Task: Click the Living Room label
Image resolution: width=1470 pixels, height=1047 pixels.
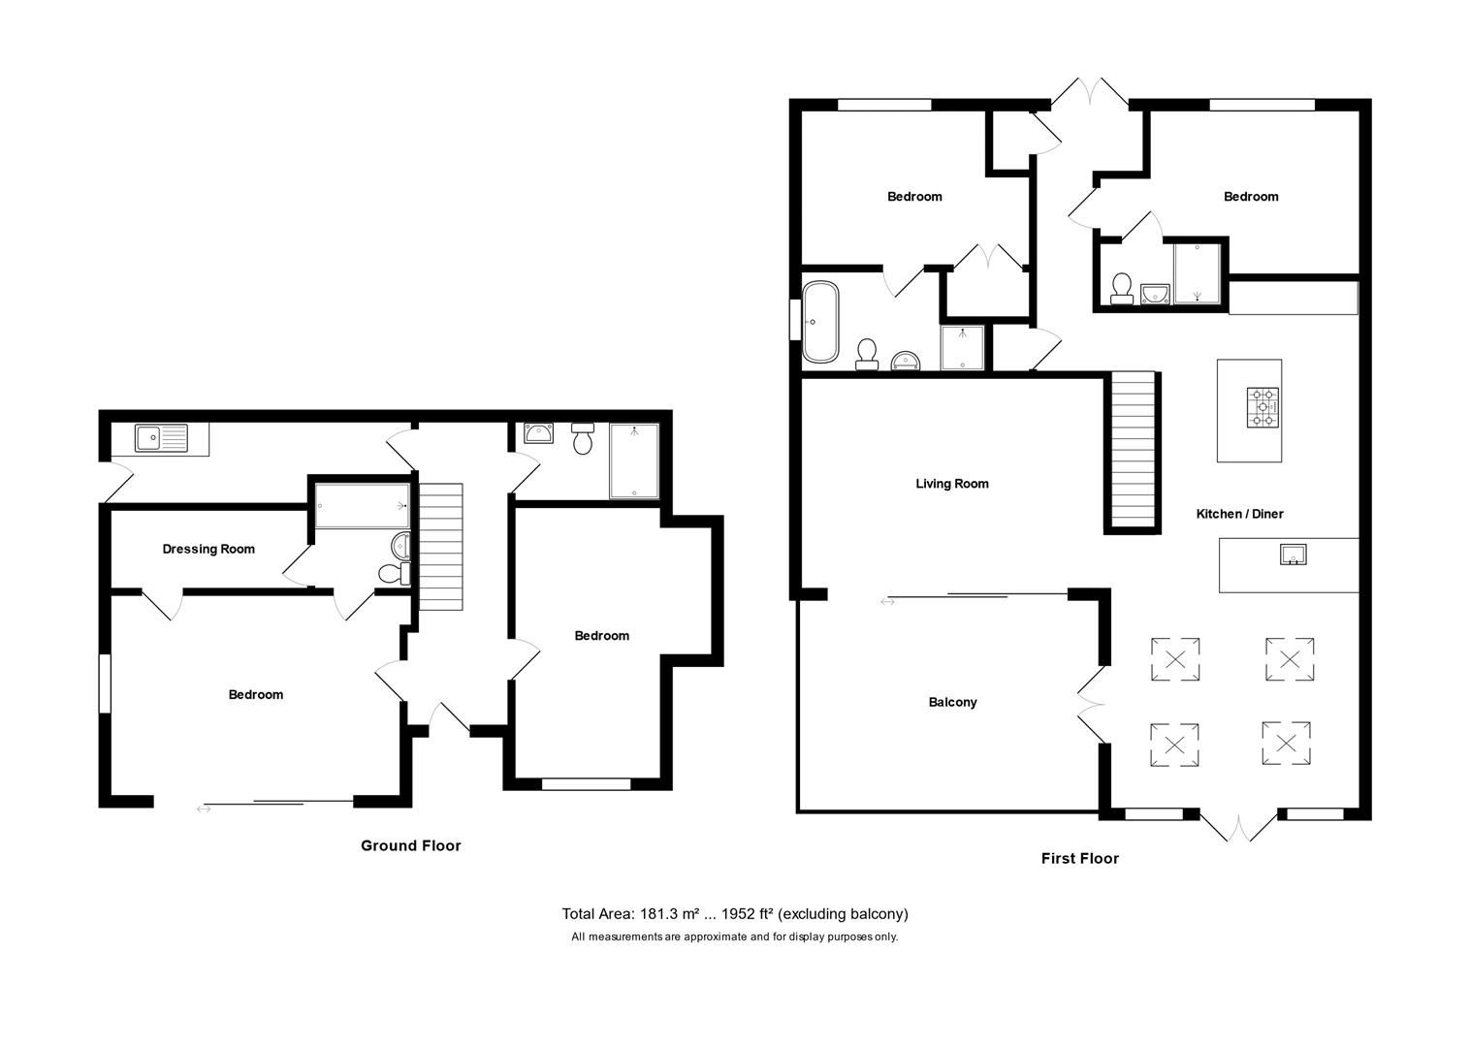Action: tap(951, 484)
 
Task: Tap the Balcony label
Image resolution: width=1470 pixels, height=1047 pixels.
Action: tap(952, 702)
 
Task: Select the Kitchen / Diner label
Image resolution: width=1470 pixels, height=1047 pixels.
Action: tap(1239, 514)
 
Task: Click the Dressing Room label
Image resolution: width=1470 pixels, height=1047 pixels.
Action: tap(208, 549)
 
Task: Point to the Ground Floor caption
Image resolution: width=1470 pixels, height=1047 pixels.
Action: tap(410, 845)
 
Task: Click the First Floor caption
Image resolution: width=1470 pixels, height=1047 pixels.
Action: tap(1079, 858)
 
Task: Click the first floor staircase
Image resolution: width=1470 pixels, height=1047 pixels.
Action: tap(1133, 450)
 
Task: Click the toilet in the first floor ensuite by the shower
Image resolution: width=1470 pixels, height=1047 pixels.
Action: tap(1122, 288)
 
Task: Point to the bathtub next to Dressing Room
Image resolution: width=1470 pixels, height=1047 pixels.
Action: tap(362, 505)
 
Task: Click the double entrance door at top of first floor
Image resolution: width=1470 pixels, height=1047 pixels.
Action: tap(1090, 94)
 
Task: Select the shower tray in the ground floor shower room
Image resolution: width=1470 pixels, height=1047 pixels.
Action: tap(633, 461)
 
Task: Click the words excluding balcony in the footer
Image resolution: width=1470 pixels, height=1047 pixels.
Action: tap(844, 913)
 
